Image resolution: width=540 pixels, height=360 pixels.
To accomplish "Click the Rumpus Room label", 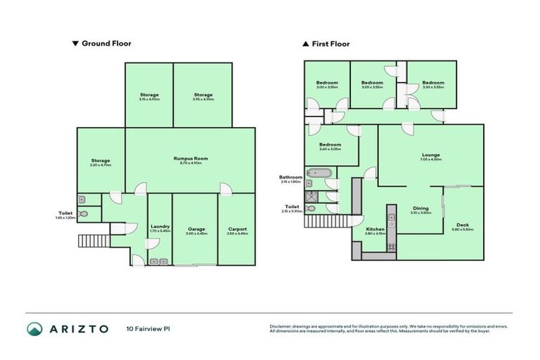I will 191,159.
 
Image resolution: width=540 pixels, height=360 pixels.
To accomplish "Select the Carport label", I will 236,229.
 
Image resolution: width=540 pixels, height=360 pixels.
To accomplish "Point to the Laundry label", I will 160,226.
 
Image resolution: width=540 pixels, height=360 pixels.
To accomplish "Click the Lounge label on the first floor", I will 430,155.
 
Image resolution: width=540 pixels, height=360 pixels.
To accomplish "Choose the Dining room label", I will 420,208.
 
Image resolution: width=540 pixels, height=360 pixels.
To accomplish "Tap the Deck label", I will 463,224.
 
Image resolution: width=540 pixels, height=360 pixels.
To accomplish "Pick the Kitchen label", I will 375,229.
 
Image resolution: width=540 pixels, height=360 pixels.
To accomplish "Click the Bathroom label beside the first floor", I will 290,177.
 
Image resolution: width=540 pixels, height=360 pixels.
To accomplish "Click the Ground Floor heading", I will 106,44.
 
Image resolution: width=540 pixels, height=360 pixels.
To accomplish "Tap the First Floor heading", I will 330,44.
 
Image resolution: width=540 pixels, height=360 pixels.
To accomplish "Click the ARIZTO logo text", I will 78,328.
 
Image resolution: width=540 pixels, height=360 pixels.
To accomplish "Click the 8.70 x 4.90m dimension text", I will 191,164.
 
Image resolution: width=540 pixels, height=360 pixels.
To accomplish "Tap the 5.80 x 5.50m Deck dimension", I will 463,229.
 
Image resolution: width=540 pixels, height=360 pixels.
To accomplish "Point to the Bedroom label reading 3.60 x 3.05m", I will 330,149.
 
